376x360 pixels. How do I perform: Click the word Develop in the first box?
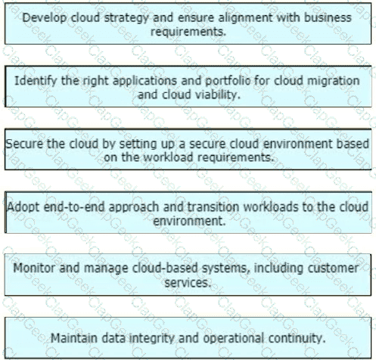[x=45, y=18]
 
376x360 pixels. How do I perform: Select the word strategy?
[x=126, y=18]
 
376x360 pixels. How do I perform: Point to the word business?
[x=328, y=17]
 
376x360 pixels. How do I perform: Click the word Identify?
[x=36, y=81]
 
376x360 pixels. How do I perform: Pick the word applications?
[x=144, y=81]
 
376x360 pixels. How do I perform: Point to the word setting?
[x=135, y=144]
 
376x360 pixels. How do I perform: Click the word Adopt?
[x=23, y=207]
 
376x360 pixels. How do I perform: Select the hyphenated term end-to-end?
[x=74, y=207]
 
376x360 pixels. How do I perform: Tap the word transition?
[x=213, y=207]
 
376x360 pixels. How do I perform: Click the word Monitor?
[x=34, y=268]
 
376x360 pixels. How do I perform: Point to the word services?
[x=188, y=283]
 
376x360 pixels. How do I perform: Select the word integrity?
[x=151, y=338]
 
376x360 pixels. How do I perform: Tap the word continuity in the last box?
[x=297, y=338]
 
